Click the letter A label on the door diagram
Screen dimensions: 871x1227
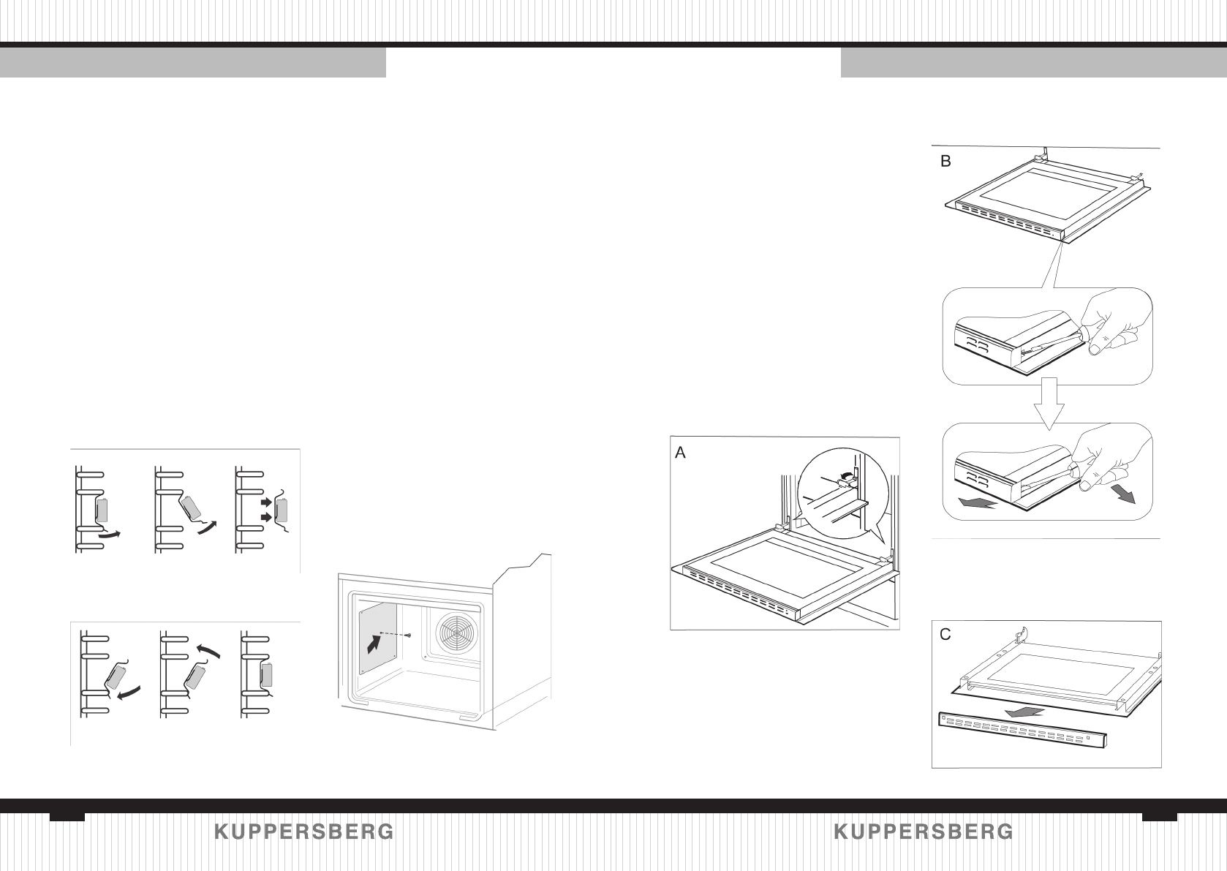pos(681,453)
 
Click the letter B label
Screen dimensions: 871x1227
pos(945,162)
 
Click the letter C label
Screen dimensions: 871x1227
pos(945,635)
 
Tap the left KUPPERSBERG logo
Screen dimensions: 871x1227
pos(304,832)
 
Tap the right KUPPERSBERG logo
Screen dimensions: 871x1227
pos(924,832)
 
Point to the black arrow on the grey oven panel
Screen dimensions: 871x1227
pos(374,644)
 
